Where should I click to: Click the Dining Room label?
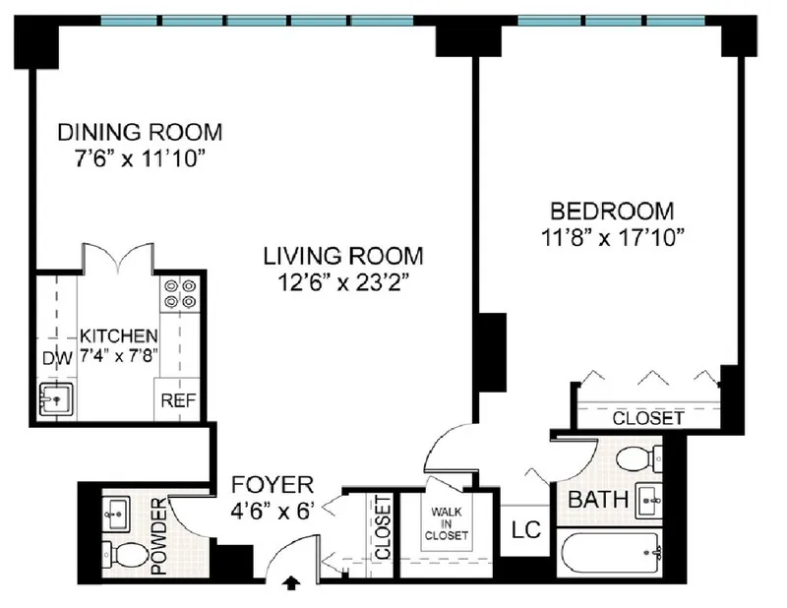click(x=139, y=132)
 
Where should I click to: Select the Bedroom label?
click(x=612, y=211)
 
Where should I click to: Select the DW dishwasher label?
click(x=56, y=357)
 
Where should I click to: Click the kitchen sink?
click(x=57, y=399)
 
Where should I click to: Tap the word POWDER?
click(x=159, y=537)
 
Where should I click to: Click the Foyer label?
click(x=272, y=485)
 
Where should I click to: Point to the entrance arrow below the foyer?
click(x=291, y=584)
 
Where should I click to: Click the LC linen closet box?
click(x=526, y=531)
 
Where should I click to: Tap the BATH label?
click(x=598, y=500)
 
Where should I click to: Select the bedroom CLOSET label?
click(x=647, y=418)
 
